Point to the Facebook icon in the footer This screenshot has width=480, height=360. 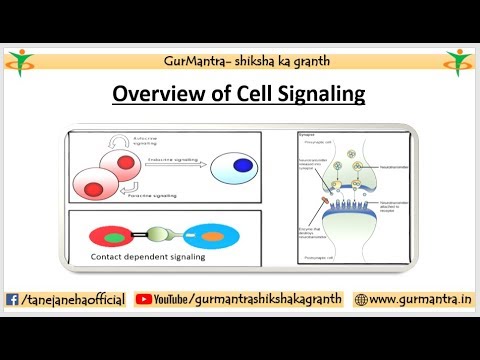[12, 299]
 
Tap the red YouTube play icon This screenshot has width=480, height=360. [143, 299]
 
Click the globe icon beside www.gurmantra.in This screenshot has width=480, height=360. [361, 299]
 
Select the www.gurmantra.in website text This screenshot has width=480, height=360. [419, 299]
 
